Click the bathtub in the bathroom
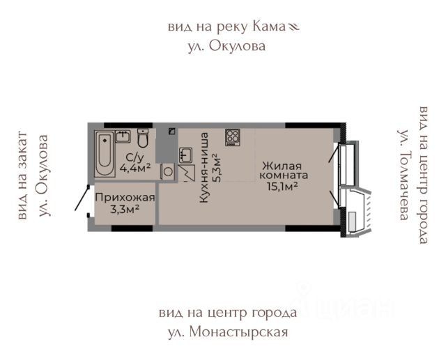pyautogui.click(x=105, y=154)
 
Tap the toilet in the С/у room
pyautogui.click(x=143, y=138)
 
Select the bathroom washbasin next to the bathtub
pyautogui.click(x=123, y=136)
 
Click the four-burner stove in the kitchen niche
pyautogui.click(x=233, y=137)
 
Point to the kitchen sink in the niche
pyautogui.click(x=186, y=156)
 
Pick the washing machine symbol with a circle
pyautogui.click(x=167, y=171)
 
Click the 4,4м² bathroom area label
pyautogui.click(x=134, y=169)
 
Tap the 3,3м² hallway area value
pyautogui.click(x=125, y=210)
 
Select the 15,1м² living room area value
pyautogui.click(x=282, y=187)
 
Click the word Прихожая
pyautogui.click(x=125, y=197)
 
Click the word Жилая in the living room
pyautogui.click(x=282, y=166)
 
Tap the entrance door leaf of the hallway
pyautogui.click(x=82, y=198)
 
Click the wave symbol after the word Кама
pyautogui.click(x=293, y=27)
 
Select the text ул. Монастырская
pyautogui.click(x=228, y=332)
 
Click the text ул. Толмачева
pyautogui.click(x=404, y=175)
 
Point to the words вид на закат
pyautogui.click(x=22, y=175)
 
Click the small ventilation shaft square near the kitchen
pyautogui.click(x=171, y=131)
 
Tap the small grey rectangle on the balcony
pyautogui.click(x=352, y=221)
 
